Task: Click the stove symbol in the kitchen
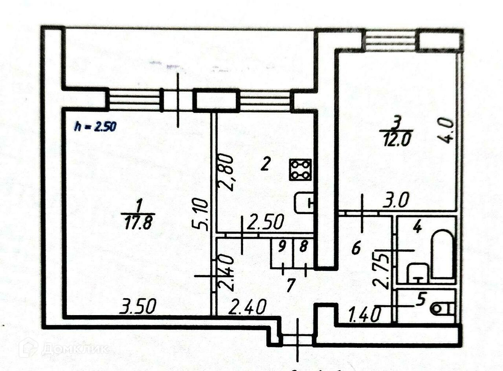click(300, 170)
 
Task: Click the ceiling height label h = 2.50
click(95, 127)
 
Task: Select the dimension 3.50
click(138, 306)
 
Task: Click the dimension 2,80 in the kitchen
click(229, 172)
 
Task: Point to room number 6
click(356, 249)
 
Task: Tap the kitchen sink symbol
click(304, 203)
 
